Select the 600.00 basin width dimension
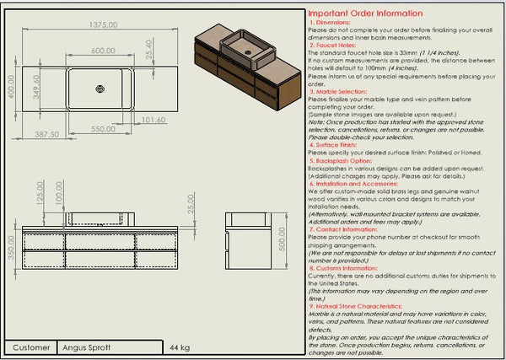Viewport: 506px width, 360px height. point(103,51)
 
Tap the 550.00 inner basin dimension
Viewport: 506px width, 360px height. point(104,129)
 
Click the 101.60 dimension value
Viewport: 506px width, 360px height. point(153,120)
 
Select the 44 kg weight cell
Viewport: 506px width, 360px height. point(179,347)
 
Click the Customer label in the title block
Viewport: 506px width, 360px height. point(31,347)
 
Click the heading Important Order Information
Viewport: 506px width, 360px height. point(364,13)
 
